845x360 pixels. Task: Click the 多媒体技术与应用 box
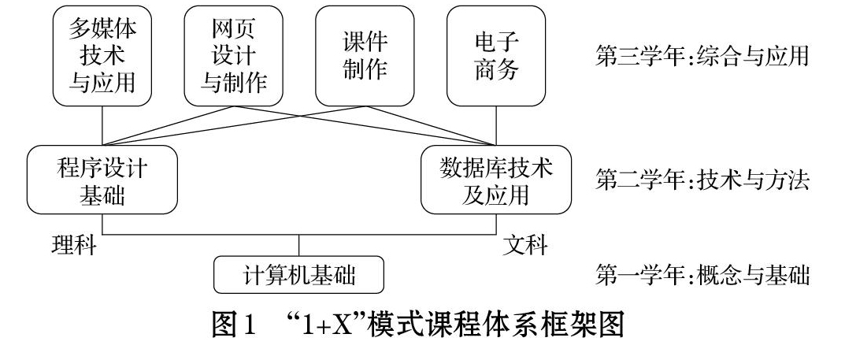[x=102, y=56]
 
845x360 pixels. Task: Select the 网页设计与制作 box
[x=233, y=56]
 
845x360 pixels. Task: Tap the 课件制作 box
[x=365, y=56]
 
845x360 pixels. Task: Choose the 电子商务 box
[x=496, y=56]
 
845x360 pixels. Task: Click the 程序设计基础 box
[x=102, y=180]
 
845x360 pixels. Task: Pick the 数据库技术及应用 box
[x=496, y=180]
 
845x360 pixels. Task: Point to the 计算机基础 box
[x=299, y=275]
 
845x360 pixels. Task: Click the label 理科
[x=74, y=245]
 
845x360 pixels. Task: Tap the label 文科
[x=525, y=245]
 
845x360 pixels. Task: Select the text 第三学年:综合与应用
[x=702, y=56]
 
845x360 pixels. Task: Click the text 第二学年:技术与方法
[x=702, y=180]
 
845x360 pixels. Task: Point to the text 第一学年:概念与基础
[x=702, y=275]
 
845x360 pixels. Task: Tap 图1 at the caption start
[x=233, y=325]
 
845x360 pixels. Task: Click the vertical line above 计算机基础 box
[x=299, y=245]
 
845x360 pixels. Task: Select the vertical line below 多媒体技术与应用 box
[x=102, y=125]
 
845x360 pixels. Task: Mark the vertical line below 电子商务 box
[x=496, y=125]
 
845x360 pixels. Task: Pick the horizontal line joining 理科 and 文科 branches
[x=299, y=235]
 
